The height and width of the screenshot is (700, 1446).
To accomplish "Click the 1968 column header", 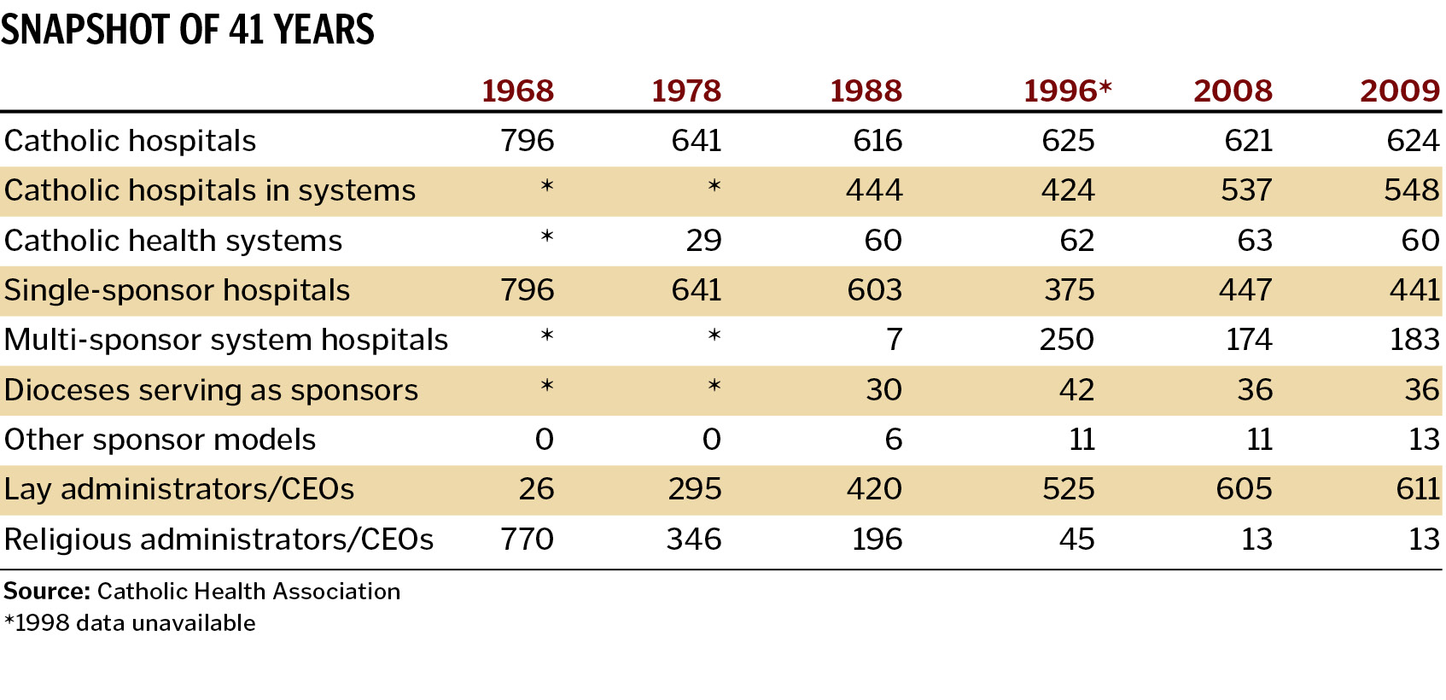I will click(517, 91).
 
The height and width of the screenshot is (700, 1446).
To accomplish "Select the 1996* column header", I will click(1067, 91).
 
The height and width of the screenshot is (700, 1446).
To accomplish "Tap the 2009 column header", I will click(1399, 91).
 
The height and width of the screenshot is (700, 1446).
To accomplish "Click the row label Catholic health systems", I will click(172, 241).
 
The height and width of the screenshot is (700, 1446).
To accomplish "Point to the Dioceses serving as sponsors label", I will click(211, 390).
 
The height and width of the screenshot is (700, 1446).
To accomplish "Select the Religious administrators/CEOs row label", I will click(219, 540).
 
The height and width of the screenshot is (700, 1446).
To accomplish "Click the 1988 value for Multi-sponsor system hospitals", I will click(893, 340).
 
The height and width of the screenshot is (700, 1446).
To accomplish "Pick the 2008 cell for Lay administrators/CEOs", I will click(1244, 489).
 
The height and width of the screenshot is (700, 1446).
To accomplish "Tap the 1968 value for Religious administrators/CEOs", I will click(527, 540).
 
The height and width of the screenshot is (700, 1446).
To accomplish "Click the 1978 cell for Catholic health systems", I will click(703, 241).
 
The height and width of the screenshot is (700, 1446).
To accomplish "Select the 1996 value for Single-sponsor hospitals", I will click(1069, 290).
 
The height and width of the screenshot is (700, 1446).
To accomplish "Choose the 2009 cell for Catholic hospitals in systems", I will click(1411, 190).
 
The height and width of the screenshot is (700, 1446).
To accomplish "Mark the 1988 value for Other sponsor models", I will click(893, 440).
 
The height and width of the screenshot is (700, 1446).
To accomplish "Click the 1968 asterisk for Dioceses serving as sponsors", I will click(547, 387).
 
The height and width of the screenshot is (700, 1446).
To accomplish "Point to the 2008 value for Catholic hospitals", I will click(1248, 141).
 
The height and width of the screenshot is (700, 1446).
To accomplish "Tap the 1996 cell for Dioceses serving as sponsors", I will click(1076, 390).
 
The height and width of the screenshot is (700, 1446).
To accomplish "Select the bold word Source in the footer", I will click(46, 592).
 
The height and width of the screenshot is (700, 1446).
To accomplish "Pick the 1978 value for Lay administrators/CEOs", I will click(694, 489).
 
